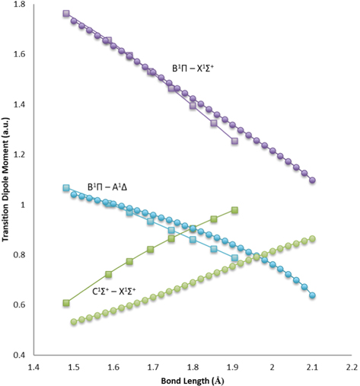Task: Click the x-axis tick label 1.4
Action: [x=34, y=366]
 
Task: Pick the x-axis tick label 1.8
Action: [x=193, y=366]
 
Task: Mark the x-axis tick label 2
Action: [x=272, y=366]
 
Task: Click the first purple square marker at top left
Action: [x=66, y=14]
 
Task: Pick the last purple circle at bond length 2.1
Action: [x=312, y=180]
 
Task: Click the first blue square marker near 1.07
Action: [x=66, y=188]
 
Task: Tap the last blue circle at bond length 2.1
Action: [x=312, y=295]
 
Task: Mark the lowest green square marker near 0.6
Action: [x=66, y=303]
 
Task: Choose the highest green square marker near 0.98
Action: [x=234, y=209]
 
